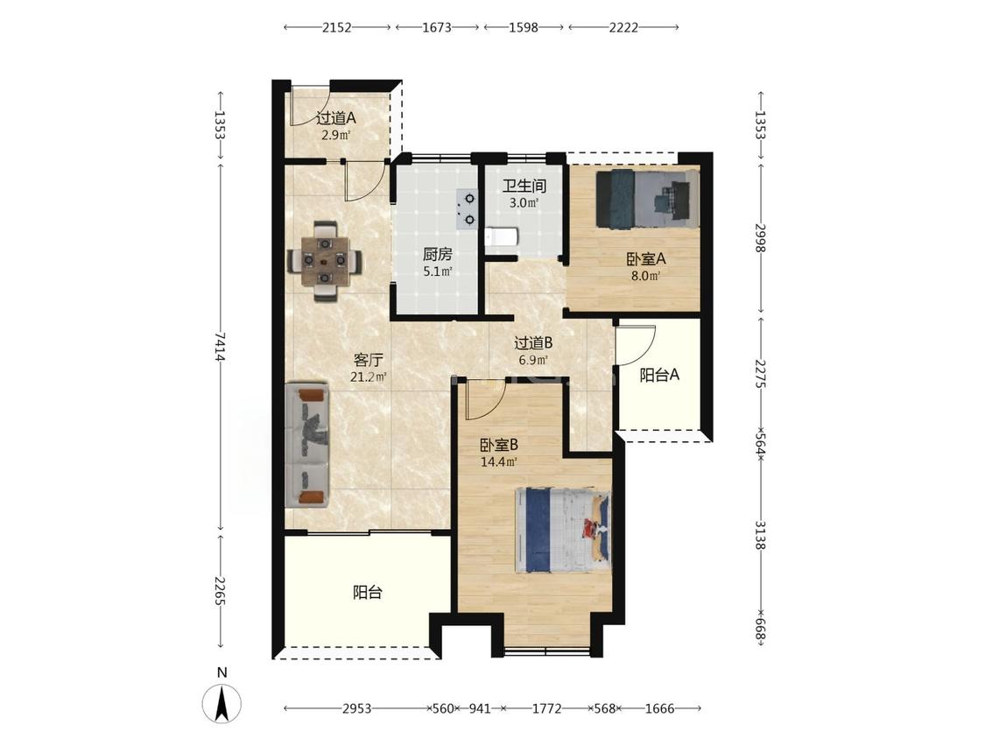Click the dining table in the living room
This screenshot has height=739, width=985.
coord(325,260)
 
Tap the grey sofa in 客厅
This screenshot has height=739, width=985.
coord(307,446)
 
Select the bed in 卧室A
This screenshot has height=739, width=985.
coord(647,199)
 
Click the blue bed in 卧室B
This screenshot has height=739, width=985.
coord(562,531)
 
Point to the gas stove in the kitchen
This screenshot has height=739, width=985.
coord(468,208)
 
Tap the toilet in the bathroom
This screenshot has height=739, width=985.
coord(502,237)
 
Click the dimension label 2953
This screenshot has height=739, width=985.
coord(357,709)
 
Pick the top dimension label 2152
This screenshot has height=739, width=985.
coord(337,28)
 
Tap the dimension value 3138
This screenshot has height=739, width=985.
coord(760,535)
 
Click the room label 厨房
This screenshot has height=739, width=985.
coord(437,255)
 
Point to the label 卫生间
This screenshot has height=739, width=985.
coord(524,186)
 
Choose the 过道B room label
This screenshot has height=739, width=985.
coord(533,343)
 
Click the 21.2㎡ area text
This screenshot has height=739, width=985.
coord(368,377)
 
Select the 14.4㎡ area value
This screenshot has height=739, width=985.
coord(499,462)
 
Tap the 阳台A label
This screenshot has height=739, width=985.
coord(659,375)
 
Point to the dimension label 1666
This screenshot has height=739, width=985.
coord(659,709)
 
